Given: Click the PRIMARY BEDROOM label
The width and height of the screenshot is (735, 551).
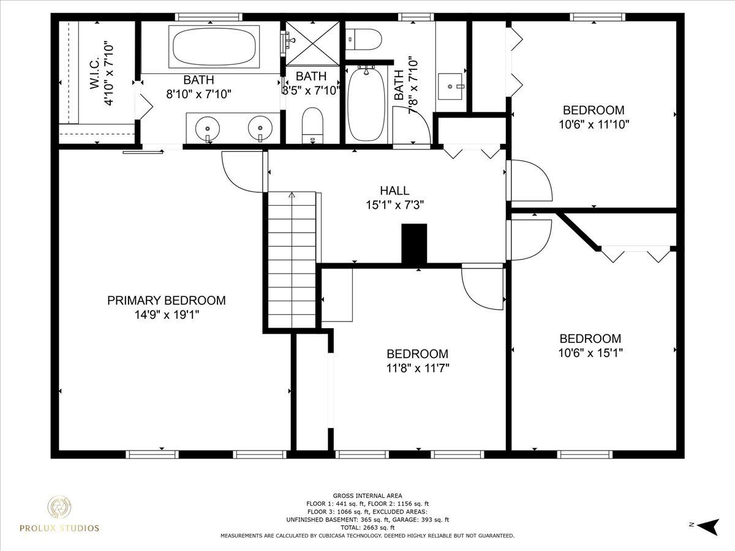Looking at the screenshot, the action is [x=167, y=301].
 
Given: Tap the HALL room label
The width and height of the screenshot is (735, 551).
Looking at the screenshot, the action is [x=394, y=190].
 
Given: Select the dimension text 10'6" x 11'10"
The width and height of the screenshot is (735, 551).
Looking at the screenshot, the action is [x=594, y=124].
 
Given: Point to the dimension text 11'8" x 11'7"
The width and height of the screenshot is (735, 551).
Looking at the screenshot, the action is [x=418, y=369].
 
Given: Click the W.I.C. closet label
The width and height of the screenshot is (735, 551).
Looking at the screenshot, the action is [x=95, y=73].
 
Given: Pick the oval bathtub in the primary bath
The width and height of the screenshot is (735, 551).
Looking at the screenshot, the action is [x=214, y=46].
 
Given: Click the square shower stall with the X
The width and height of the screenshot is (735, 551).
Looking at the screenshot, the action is [x=312, y=43].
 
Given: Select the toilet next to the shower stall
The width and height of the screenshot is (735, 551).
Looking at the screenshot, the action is [x=312, y=125].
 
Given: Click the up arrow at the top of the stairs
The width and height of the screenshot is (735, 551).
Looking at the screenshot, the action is [x=292, y=195].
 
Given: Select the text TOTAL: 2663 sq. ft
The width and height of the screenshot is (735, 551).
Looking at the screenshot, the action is [x=367, y=528].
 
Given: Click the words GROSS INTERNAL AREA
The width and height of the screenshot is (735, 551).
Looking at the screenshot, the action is [x=367, y=496].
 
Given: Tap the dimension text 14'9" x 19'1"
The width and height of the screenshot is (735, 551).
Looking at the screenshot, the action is [x=167, y=315].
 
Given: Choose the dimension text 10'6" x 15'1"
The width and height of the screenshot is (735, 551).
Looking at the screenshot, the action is [x=590, y=353].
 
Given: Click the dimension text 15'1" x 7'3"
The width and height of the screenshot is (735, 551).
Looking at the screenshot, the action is [x=395, y=204].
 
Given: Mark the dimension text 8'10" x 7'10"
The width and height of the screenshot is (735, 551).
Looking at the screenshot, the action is [x=199, y=94].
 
